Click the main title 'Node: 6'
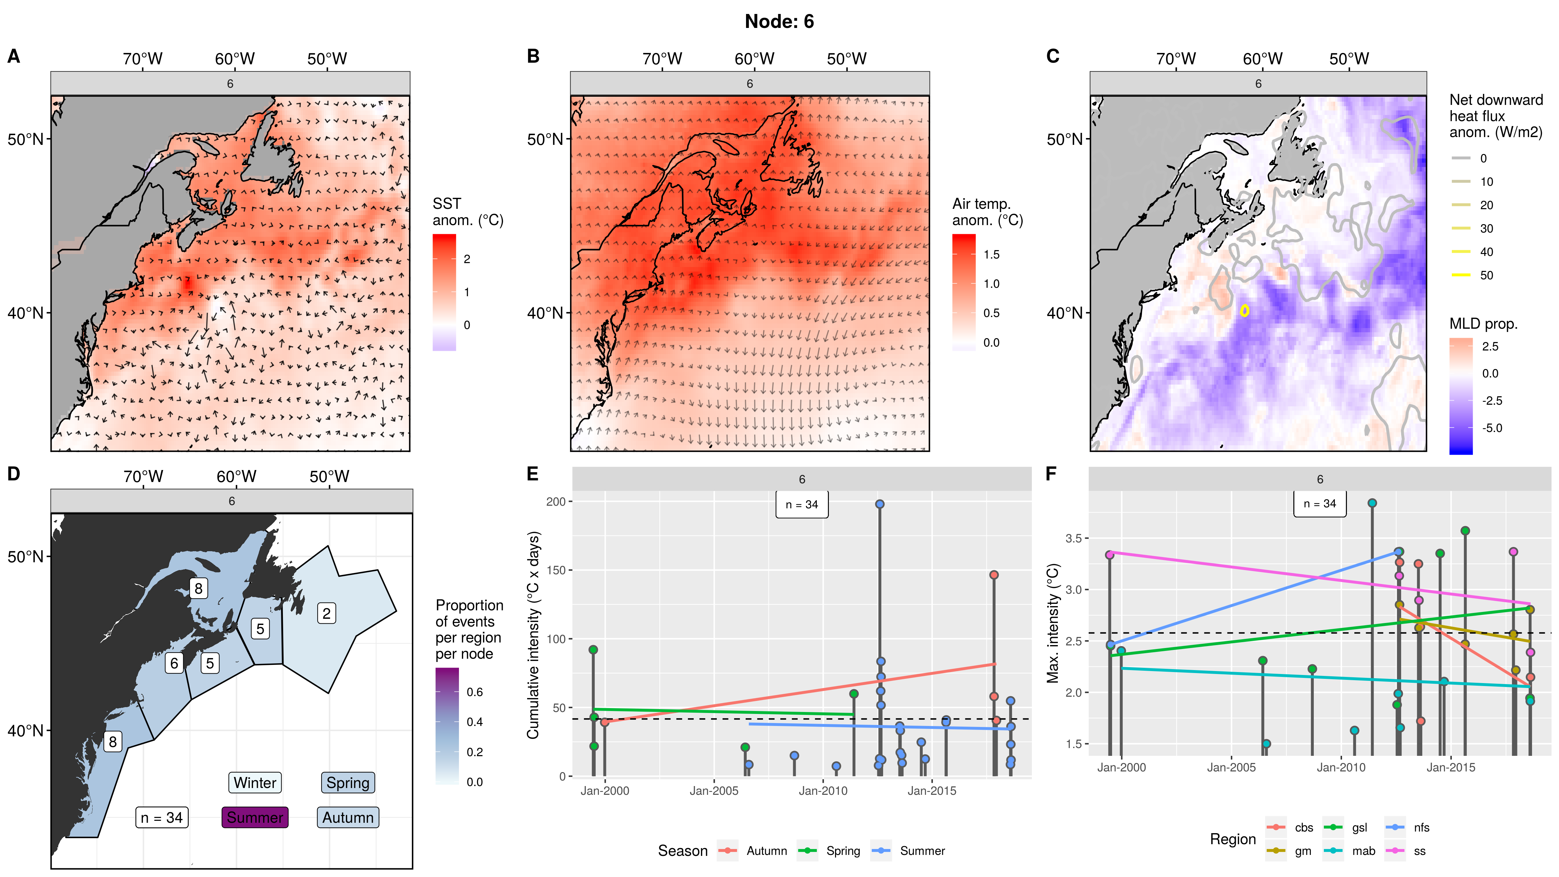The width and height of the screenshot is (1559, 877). [779, 22]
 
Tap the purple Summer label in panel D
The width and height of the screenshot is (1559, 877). [255, 817]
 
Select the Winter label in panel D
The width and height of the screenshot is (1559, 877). [255, 782]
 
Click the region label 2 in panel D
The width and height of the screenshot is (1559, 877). [326, 614]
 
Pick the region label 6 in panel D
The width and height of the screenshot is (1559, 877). [174, 663]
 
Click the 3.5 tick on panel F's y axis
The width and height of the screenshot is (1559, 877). [1073, 538]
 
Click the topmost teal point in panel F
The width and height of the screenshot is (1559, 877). [1372, 503]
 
